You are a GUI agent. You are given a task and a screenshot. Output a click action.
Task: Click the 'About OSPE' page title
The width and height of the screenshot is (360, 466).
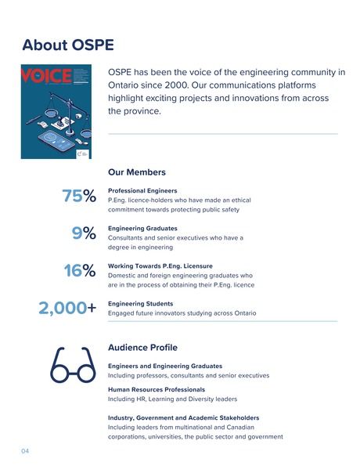[68, 45]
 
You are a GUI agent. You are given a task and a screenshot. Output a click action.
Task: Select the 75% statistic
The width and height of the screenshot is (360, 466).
[78, 197]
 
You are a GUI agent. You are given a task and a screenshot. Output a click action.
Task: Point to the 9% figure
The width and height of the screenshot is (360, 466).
[84, 233]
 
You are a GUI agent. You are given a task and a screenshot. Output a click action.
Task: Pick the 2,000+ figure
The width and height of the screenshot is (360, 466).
[67, 309]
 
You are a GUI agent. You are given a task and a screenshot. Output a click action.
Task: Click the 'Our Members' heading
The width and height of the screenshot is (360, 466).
[136, 172]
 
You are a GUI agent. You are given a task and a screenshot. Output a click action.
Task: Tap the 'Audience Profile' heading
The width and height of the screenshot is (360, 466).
[142, 347]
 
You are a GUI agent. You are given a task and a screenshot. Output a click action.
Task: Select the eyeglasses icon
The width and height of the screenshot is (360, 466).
[72, 367]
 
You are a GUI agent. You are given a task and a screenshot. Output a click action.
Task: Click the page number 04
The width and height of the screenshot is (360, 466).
[25, 451]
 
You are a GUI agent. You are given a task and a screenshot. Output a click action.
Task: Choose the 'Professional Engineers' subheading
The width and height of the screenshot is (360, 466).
[142, 190]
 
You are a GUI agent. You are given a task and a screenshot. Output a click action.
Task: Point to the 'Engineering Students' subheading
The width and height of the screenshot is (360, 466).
[140, 303]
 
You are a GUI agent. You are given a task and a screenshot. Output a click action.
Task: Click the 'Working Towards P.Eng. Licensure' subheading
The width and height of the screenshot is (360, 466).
[160, 266]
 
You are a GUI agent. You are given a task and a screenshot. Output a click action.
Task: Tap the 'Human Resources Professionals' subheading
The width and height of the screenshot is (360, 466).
[157, 389]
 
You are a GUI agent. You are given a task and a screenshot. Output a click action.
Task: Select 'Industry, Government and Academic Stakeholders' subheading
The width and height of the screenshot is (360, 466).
[183, 417]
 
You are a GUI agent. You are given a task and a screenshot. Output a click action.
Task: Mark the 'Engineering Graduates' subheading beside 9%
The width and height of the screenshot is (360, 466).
[141, 228]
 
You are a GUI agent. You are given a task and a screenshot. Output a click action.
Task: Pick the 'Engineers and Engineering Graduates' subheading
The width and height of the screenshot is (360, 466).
[164, 366]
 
